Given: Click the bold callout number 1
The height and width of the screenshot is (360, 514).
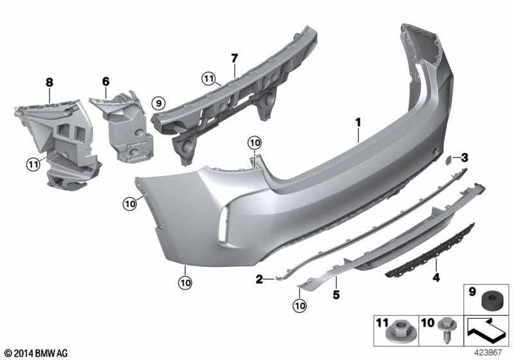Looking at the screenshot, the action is coord(359,123).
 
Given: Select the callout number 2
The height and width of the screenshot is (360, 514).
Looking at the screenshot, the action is coord(260,280).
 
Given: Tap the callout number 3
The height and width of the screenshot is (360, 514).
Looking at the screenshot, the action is coord(464,158).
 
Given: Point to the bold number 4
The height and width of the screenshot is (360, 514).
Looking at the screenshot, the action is coord(436,278).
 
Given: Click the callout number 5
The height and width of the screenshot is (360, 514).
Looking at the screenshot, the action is coord(336,295).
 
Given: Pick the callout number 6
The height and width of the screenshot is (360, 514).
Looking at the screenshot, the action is coord(105,81).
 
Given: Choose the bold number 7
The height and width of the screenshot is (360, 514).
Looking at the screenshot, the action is coord(234,59).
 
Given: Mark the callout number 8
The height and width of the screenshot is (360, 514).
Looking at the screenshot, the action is coord(49,82).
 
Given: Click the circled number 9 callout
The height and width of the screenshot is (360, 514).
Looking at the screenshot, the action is coord(159,104).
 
